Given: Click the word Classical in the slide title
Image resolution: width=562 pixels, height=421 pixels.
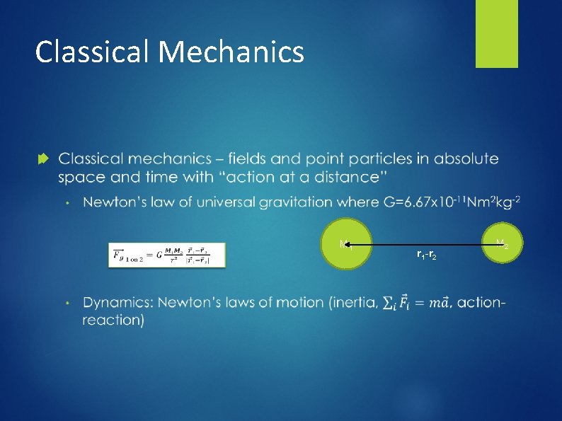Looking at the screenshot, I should click(x=93, y=52).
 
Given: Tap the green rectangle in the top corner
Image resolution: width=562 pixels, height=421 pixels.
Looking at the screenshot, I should click(x=496, y=33).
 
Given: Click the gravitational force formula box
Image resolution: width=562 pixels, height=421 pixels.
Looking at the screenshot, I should click(x=166, y=255).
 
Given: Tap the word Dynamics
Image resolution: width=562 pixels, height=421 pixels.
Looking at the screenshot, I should click(x=117, y=304).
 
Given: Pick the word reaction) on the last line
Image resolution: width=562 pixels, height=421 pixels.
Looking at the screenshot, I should click(x=114, y=320).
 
